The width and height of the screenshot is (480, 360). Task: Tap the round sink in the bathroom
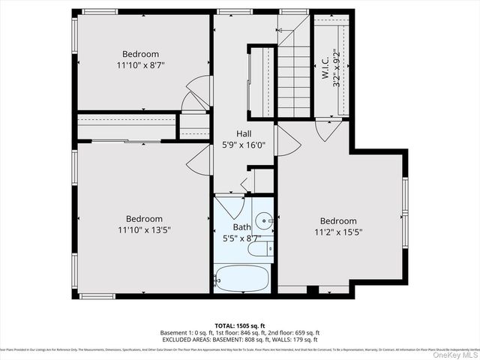coord(262,222)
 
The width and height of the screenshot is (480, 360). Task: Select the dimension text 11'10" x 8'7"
coord(140,65)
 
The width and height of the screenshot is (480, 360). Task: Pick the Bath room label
coord(241,226)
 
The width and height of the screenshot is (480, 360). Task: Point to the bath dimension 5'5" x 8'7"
coord(241,238)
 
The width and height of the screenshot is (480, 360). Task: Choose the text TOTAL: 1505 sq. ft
coord(239,325)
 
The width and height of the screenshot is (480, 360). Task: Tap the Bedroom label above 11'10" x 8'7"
coord(140,54)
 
